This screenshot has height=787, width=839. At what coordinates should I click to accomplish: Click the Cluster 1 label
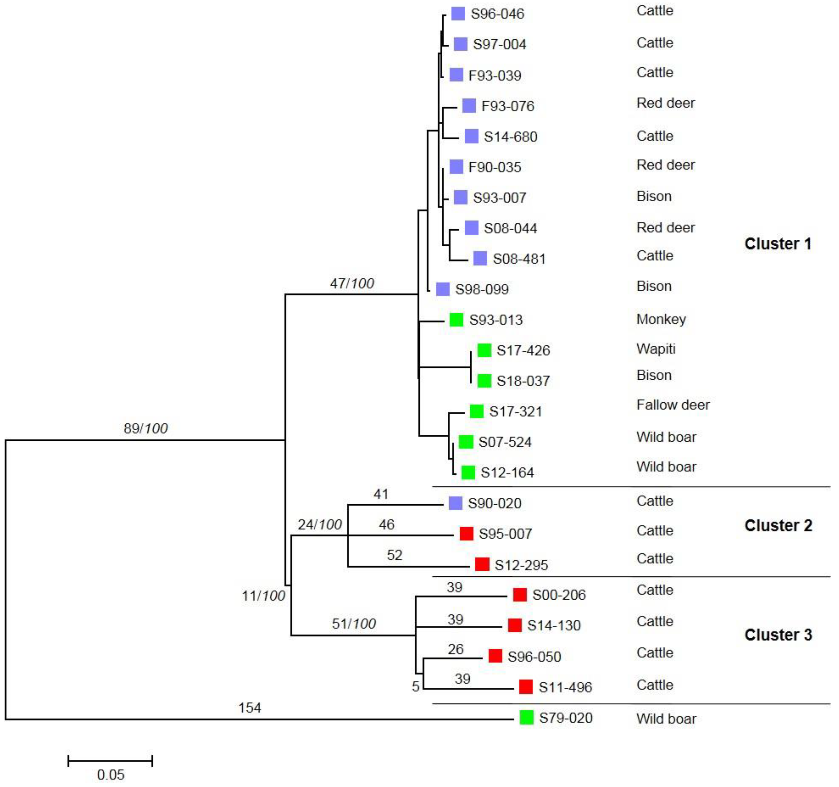(x=777, y=244)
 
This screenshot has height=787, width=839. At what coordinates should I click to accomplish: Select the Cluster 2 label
(x=778, y=526)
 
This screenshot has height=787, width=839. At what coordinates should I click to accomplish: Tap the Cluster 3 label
(x=778, y=635)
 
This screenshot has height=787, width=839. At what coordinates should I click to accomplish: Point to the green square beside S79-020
(x=526, y=718)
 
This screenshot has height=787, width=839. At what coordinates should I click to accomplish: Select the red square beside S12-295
(x=482, y=564)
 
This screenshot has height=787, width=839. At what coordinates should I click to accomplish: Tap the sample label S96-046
(x=497, y=14)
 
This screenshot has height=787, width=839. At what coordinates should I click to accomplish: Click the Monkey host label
(x=661, y=319)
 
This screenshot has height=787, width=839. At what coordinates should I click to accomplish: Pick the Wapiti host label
(x=656, y=349)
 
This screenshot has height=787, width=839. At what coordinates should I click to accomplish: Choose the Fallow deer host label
(x=673, y=405)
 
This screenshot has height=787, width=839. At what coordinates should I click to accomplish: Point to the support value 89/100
(x=146, y=428)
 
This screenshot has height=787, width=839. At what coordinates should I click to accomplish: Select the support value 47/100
(x=352, y=283)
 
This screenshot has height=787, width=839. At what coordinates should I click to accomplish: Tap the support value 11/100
(x=263, y=596)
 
